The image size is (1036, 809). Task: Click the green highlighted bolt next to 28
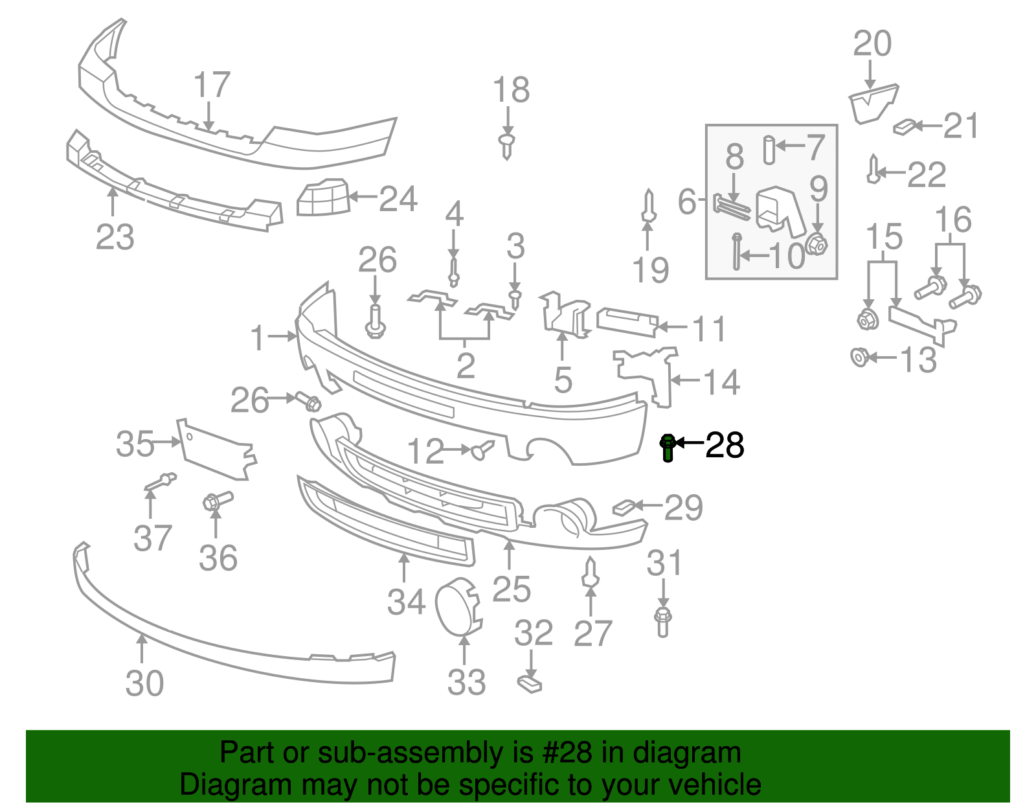click(668, 448)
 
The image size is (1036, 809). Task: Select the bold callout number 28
click(725, 446)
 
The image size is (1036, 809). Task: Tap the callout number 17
click(212, 85)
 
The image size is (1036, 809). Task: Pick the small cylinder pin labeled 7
click(769, 150)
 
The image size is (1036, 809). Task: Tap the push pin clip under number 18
click(507, 146)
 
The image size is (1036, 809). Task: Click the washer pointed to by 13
click(859, 356)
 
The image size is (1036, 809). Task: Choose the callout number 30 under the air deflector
click(144, 683)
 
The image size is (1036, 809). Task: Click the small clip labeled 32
click(530, 683)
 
